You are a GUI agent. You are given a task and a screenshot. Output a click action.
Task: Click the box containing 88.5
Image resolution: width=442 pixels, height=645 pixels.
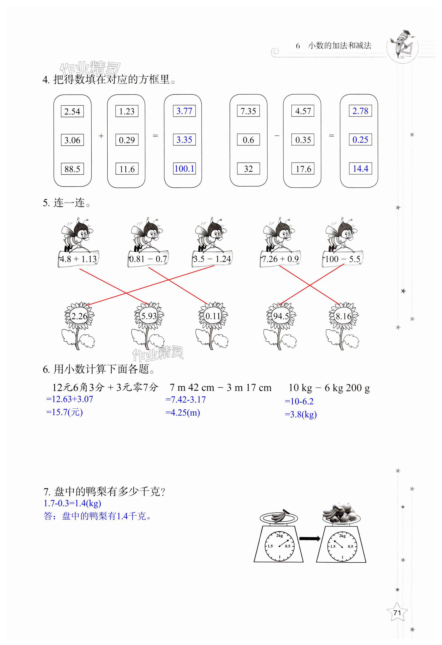pyautogui.click(x=72, y=169)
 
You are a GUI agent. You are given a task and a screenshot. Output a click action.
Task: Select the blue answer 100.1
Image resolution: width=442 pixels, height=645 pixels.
pyautogui.click(x=184, y=168)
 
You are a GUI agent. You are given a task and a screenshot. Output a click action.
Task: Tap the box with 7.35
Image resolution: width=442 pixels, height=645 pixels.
pyautogui.click(x=248, y=111)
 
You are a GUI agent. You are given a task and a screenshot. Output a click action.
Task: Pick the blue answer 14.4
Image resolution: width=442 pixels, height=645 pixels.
pyautogui.click(x=360, y=168)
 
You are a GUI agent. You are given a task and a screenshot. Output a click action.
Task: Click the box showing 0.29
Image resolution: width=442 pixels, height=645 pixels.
pyautogui.click(x=127, y=140)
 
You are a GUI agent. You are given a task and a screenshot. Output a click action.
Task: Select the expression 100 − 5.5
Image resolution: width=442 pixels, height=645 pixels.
pyautogui.click(x=343, y=259)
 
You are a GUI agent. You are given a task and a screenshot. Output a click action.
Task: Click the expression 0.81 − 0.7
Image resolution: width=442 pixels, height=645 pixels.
pyautogui.click(x=148, y=259)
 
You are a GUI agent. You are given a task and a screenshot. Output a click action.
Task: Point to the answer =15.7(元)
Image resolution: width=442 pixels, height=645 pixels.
pyautogui.click(x=64, y=412)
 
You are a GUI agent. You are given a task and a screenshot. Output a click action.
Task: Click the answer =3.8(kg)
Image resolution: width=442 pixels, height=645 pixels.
pyautogui.click(x=301, y=414)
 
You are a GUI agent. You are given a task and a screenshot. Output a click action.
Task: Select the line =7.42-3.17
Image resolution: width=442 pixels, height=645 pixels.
pyautogui.click(x=186, y=400)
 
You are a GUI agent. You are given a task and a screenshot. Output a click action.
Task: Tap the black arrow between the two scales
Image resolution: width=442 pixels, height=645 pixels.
pyautogui.click(x=310, y=539)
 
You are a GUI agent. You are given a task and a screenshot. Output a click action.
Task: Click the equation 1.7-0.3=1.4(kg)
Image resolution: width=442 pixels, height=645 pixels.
pyautogui.click(x=72, y=503)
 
